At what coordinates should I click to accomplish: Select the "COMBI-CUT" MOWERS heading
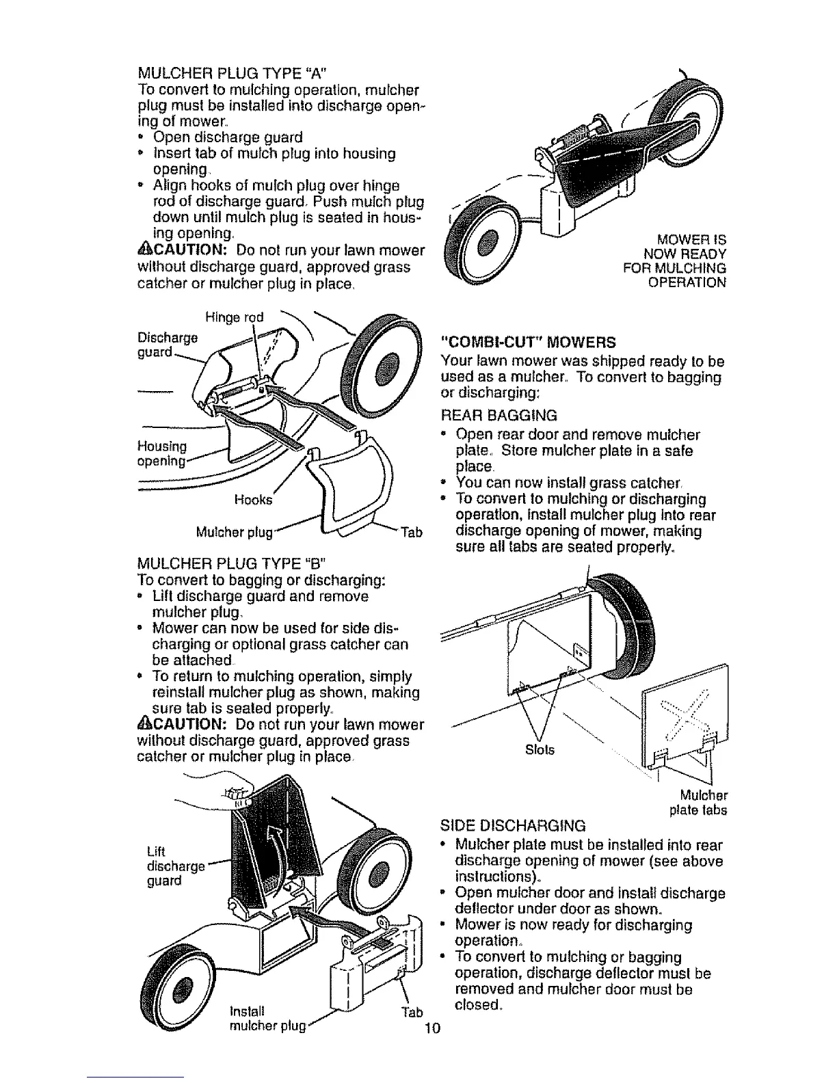coord(529,342)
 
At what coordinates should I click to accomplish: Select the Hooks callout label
coord(252,500)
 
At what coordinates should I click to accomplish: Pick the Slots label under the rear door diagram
coord(540,750)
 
